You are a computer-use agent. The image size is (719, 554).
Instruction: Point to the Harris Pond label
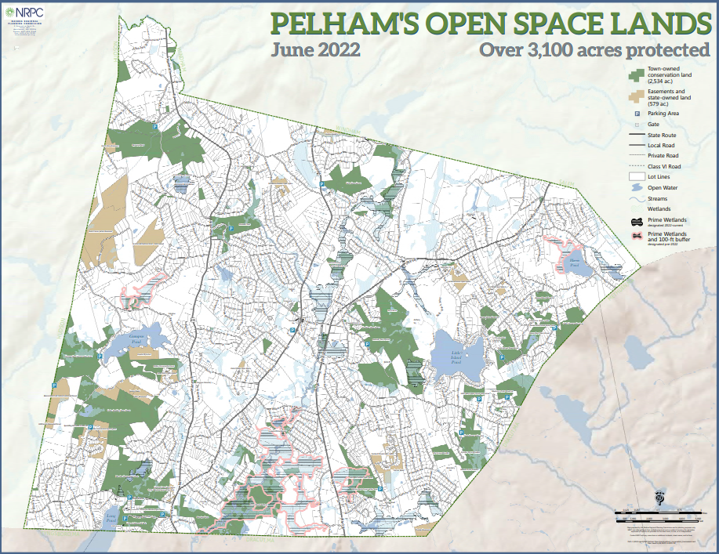(575, 263)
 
